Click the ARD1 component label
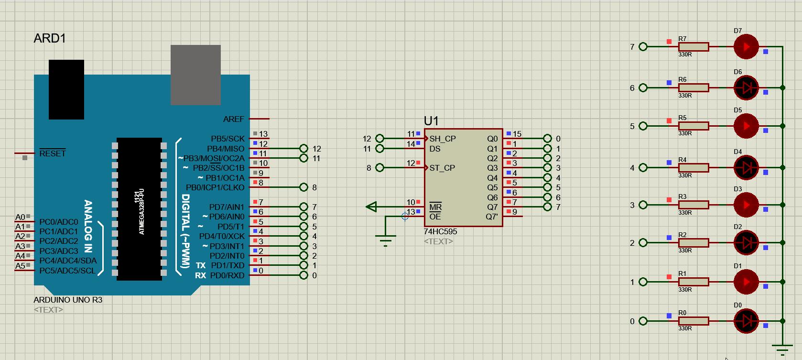pyautogui.click(x=50, y=38)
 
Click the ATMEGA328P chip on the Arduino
pyautogui.click(x=139, y=209)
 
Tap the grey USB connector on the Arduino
pyautogui.click(x=195, y=75)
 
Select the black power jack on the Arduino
pyautogui.click(x=66, y=89)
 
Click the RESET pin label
pyautogui.click(x=52, y=153)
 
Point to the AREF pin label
pyautogui.click(x=233, y=119)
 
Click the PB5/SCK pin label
pyautogui.click(x=228, y=139)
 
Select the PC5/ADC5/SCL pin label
pyautogui.click(x=67, y=271)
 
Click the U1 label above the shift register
pyautogui.click(x=431, y=121)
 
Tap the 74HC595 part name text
pyautogui.click(x=440, y=231)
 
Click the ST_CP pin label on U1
pyautogui.click(x=442, y=168)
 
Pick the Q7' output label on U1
pyautogui.click(x=492, y=217)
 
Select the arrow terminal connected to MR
pyautogui.click(x=371, y=207)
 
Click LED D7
pyautogui.click(x=746, y=47)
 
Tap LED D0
pyautogui.click(x=746, y=321)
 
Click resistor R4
pyautogui.click(x=693, y=168)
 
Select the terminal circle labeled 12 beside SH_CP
pyautogui.click(x=379, y=139)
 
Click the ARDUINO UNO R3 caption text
pyautogui.click(x=68, y=300)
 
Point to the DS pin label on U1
pyautogui.click(x=435, y=149)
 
